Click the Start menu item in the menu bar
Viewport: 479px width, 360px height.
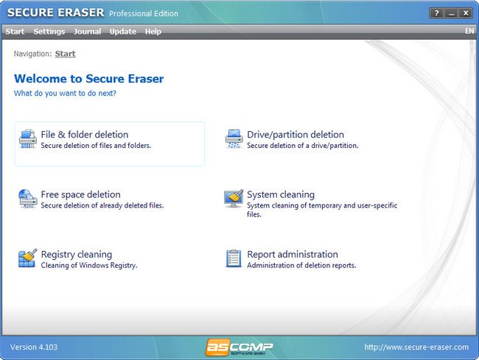tap(15, 32)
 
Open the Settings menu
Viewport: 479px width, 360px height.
tap(49, 32)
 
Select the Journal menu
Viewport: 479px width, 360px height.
tap(88, 32)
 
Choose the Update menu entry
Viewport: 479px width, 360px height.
tap(123, 32)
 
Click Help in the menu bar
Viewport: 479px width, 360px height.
tap(153, 32)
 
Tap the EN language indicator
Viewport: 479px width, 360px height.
tap(469, 31)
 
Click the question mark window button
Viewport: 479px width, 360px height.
tap(436, 13)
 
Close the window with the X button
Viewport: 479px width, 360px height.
tap(465, 13)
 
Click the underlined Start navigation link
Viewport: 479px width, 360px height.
tap(65, 54)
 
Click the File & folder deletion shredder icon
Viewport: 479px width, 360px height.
tap(28, 139)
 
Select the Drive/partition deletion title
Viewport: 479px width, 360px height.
tap(296, 135)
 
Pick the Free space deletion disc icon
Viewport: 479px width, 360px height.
tap(28, 199)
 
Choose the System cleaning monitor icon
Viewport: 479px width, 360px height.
tap(234, 198)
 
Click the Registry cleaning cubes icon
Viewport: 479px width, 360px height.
tap(28, 258)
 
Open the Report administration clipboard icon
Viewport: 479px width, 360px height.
tap(234, 258)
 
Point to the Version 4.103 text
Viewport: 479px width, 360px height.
tap(34, 347)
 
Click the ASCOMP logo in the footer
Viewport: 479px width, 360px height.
tap(239, 347)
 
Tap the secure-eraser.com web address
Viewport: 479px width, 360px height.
tap(416, 347)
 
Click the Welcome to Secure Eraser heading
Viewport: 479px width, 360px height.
tap(89, 79)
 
